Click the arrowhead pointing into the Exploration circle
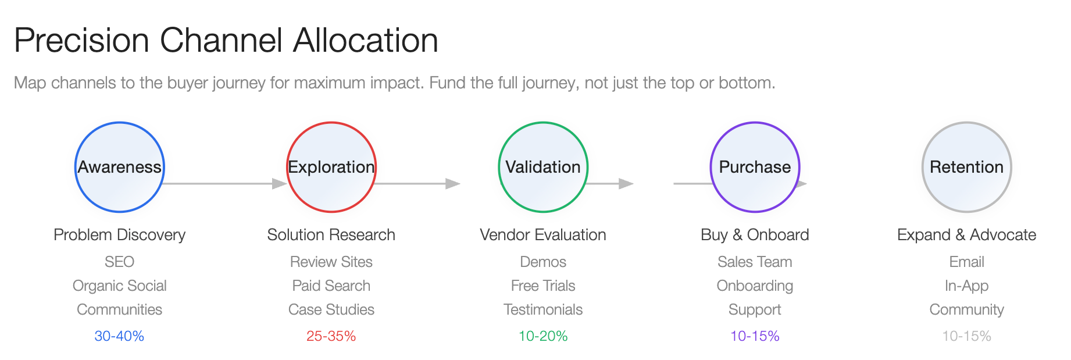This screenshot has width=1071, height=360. pyautogui.click(x=280, y=184)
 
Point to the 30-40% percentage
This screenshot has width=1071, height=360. pyautogui.click(x=119, y=336)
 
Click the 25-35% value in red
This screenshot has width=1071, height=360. pyautogui.click(x=331, y=336)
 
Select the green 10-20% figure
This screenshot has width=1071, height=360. pyautogui.click(x=543, y=336)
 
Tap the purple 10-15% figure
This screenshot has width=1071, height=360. pyautogui.click(x=755, y=336)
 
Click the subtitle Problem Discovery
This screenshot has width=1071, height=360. pyautogui.click(x=119, y=235)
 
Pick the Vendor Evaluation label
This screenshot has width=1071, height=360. pyautogui.click(x=543, y=235)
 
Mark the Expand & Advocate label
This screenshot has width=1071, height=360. pyautogui.click(x=967, y=235)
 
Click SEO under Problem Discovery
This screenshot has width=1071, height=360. pyautogui.click(x=119, y=262)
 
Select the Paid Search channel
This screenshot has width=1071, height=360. pyautogui.click(x=331, y=286)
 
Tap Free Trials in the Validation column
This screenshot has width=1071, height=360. pyautogui.click(x=543, y=286)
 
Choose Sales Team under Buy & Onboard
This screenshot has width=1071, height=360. pyautogui.click(x=755, y=262)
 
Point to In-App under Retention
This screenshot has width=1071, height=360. pyautogui.click(x=967, y=286)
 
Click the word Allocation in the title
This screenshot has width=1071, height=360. pyautogui.click(x=366, y=40)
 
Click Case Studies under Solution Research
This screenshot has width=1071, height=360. pyautogui.click(x=331, y=310)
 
